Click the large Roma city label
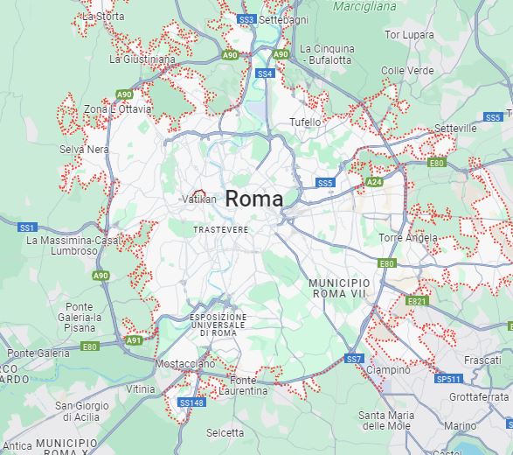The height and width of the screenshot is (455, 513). pyautogui.click(x=253, y=199)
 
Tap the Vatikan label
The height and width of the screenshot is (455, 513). pyautogui.click(x=199, y=199)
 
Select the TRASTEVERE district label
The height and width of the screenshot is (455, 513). pyautogui.click(x=221, y=229)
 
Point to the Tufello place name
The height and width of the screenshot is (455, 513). pyautogui.click(x=306, y=122)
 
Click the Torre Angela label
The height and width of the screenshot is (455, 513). pyautogui.click(x=408, y=238)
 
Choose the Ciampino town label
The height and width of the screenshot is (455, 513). pyautogui.click(x=388, y=370)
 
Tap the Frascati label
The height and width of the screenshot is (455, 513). pyautogui.click(x=482, y=360)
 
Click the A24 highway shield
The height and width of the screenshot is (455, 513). pyautogui.click(x=374, y=182)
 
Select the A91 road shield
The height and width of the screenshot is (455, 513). pyautogui.click(x=133, y=340)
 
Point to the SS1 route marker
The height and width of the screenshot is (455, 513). pyautogui.click(x=27, y=227)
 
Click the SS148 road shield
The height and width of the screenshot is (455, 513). pyautogui.click(x=191, y=402)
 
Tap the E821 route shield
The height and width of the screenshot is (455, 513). pyautogui.click(x=417, y=301)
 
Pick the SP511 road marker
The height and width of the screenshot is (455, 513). pyautogui.click(x=447, y=379)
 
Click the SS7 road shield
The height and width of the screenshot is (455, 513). pyautogui.click(x=353, y=359)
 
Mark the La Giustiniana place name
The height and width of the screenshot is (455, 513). pyautogui.click(x=142, y=59)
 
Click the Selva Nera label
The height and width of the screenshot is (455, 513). pyautogui.click(x=85, y=150)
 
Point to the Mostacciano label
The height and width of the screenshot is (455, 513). pyautogui.click(x=184, y=363)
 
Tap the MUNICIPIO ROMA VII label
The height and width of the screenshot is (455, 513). pyautogui.click(x=339, y=289)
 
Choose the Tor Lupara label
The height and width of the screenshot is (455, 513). pyautogui.click(x=410, y=35)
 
